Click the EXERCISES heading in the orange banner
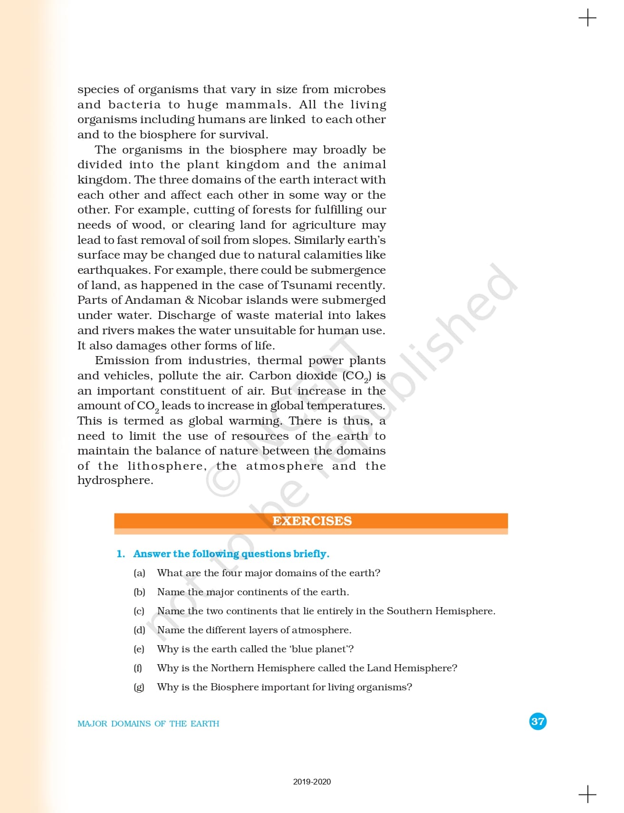(312, 521)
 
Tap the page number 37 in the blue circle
(538, 721)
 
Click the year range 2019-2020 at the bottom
(312, 782)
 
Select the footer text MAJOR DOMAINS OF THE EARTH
(148, 724)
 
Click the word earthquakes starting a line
(113, 270)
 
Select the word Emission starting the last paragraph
(121, 360)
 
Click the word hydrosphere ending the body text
(115, 481)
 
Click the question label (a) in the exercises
(139, 573)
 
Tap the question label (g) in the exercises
(139, 687)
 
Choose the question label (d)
(139, 630)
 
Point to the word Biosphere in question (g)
(234, 687)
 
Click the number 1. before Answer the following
(121, 554)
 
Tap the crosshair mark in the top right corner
(587, 18)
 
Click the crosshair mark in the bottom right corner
(587, 794)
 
